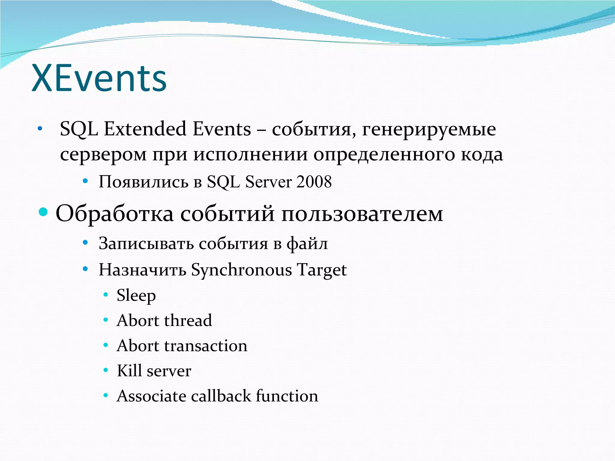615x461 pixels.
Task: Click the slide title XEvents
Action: (x=99, y=79)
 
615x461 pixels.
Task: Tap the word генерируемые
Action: (x=429, y=130)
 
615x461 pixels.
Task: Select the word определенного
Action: (x=384, y=155)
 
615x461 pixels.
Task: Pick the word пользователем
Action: (x=362, y=214)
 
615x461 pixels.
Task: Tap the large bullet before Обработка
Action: (x=43, y=212)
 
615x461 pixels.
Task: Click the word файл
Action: (x=307, y=243)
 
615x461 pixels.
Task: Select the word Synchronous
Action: (x=241, y=270)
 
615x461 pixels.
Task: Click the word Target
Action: (x=322, y=270)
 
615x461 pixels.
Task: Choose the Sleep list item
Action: (x=136, y=295)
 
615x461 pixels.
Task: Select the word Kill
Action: (x=129, y=371)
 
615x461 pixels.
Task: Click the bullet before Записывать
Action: (x=85, y=242)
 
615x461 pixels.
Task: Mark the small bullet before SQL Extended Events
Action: (x=40, y=129)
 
